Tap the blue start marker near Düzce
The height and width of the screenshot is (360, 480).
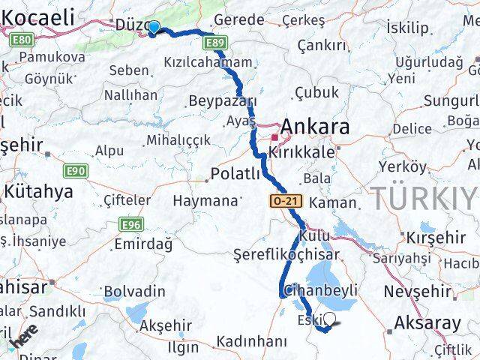click(x=154, y=28)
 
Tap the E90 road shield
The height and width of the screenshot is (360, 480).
click(x=76, y=171)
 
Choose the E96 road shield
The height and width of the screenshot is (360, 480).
click(x=132, y=224)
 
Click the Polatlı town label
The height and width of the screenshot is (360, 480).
click(x=235, y=174)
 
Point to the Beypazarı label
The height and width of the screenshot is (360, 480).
click(x=223, y=100)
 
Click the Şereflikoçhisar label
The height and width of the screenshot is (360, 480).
click(x=286, y=254)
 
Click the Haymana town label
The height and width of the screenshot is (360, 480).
click(x=204, y=201)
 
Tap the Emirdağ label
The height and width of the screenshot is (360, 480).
click(x=142, y=244)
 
